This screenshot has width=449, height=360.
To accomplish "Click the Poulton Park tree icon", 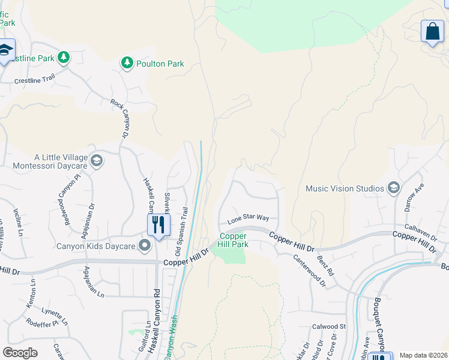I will click(x=127, y=63).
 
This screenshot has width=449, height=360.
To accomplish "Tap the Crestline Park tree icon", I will click(x=63, y=58).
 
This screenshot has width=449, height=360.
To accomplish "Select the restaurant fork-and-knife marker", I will click(x=158, y=226).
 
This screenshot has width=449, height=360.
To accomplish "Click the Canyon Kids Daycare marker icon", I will click(x=145, y=245).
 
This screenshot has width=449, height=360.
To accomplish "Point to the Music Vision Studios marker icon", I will click(x=394, y=188).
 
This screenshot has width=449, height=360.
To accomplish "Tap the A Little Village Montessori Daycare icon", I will click(x=97, y=160).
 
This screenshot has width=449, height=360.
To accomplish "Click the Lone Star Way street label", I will click(x=247, y=219).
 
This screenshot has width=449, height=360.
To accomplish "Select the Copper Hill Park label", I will click(x=233, y=241).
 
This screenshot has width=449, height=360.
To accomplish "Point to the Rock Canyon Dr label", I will click(x=120, y=119).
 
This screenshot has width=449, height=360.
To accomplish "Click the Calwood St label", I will click(x=329, y=326).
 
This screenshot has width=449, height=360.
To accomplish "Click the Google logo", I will click(x=20, y=352).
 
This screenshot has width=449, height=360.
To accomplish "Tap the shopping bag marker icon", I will click(x=432, y=31).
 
